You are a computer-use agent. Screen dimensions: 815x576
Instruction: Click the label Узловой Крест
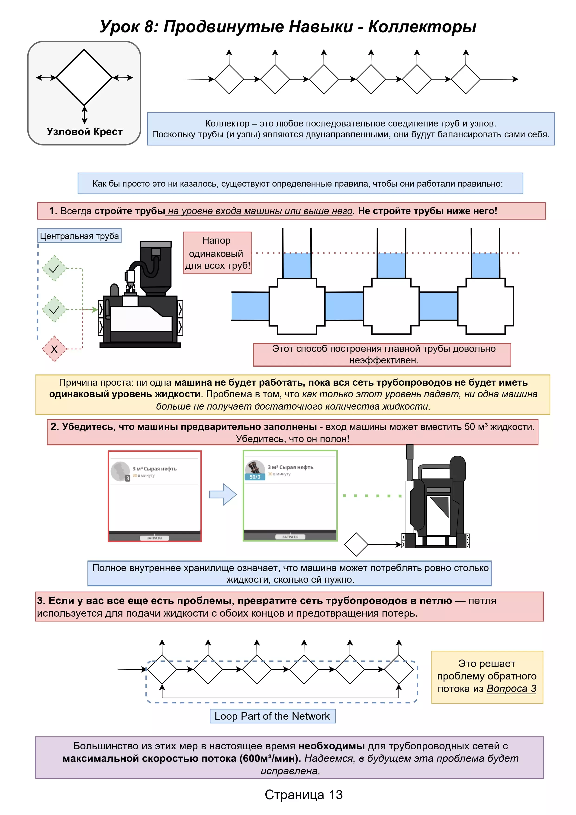(84, 132)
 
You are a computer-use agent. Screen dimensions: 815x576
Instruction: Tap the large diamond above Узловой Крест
(84, 77)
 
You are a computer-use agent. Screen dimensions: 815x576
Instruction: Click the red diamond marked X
(54, 349)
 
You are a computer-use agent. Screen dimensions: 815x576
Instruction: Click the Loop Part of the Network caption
(272, 716)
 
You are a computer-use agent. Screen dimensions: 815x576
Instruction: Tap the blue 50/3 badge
(255, 477)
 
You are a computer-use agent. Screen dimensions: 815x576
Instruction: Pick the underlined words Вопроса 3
(511, 689)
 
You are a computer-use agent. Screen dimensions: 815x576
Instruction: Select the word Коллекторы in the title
(422, 27)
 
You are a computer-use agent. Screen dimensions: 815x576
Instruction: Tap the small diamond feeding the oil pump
(356, 544)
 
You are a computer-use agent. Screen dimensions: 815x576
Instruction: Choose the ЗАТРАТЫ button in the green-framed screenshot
(290, 537)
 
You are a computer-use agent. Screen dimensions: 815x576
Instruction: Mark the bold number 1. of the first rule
(53, 211)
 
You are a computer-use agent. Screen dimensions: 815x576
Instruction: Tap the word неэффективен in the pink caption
(384, 360)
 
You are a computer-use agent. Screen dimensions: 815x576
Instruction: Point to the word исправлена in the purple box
(290, 771)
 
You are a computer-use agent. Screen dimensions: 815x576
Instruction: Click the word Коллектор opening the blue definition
(227, 123)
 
